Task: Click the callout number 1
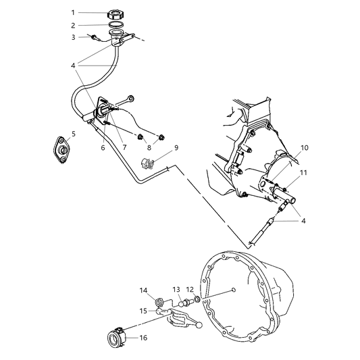[72, 12]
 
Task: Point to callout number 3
[72, 36]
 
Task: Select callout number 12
[189, 290]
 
